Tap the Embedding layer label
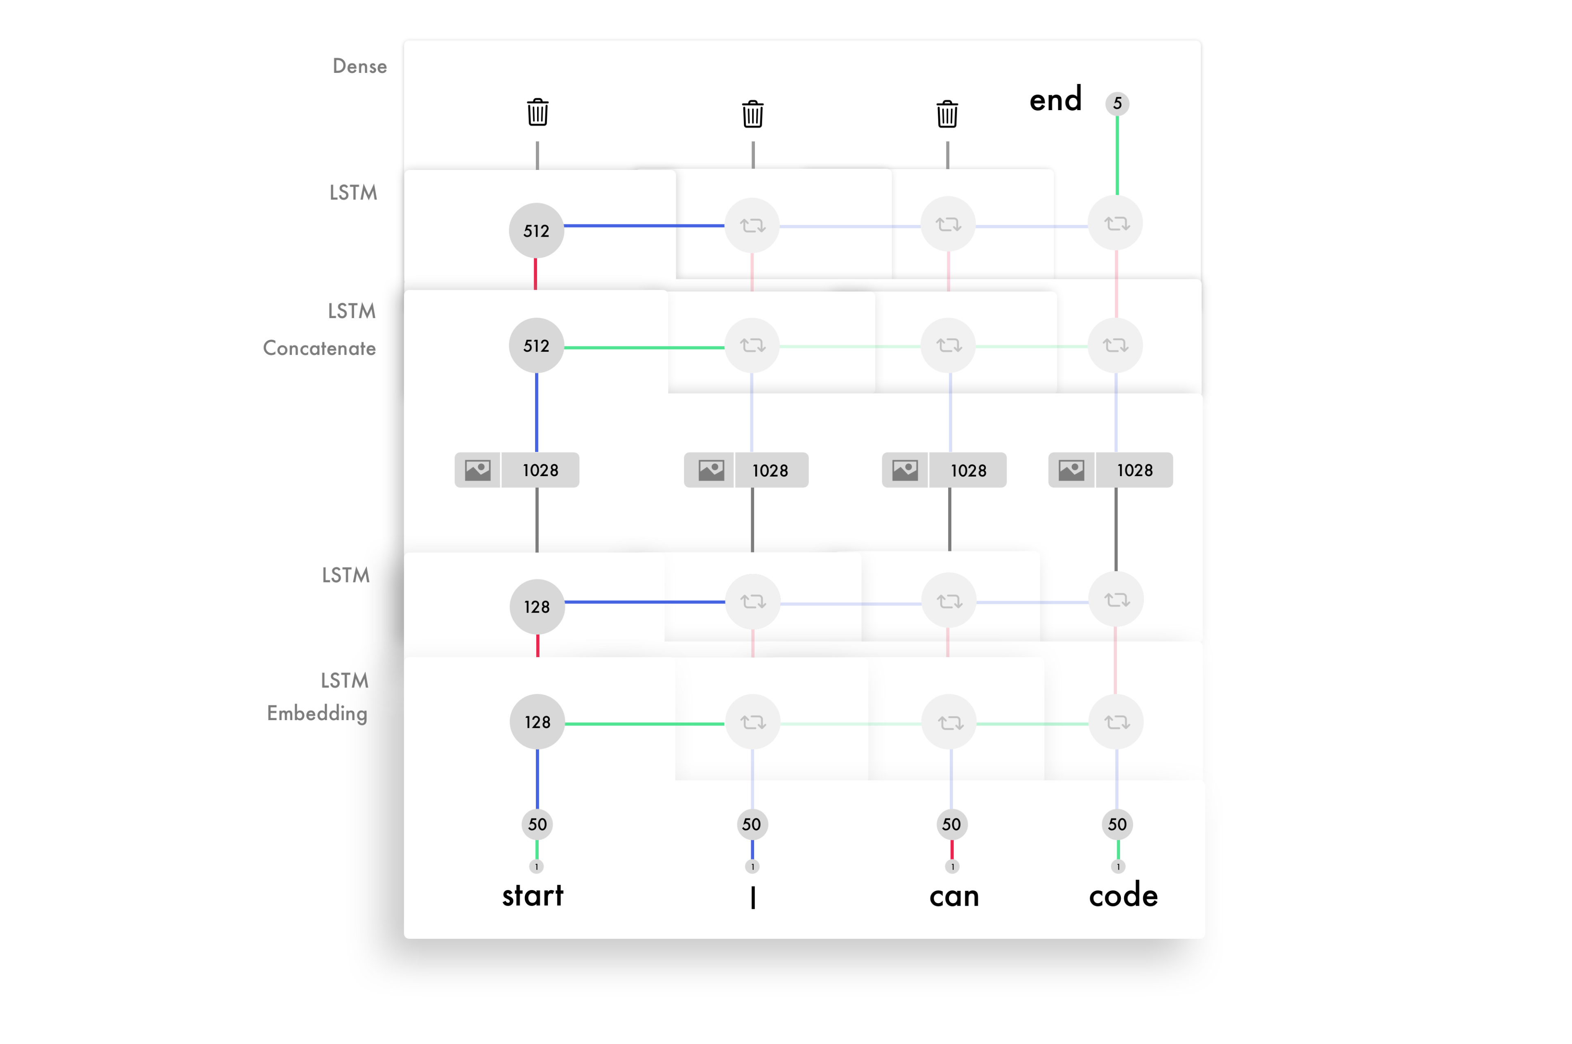317,713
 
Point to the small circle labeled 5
1117,103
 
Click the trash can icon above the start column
538,113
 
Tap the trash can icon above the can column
947,114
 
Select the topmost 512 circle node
536,230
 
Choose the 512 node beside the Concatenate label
536,346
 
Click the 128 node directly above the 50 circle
538,722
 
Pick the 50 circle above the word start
538,824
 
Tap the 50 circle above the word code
1117,824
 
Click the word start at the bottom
533,895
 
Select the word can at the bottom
954,896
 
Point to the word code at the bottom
1123,895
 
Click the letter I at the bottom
753,897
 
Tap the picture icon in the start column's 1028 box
477,470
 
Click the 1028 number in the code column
1134,470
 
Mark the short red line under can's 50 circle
952,850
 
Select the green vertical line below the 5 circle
1117,155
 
